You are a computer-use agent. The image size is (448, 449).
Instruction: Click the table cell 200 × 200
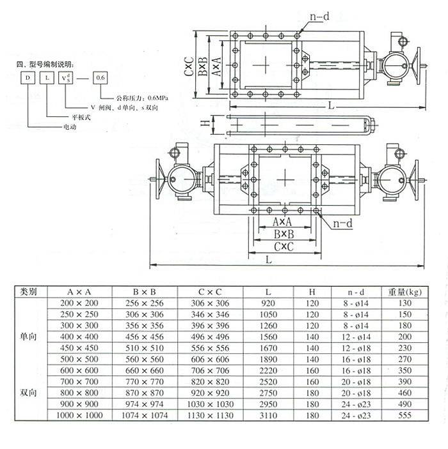point(79,303)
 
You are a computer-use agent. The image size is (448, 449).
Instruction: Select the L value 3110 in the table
point(268,415)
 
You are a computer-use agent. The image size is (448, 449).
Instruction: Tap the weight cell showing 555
point(405,415)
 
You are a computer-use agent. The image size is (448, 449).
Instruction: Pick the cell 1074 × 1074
point(145,415)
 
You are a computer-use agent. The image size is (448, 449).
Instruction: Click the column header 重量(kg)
point(405,292)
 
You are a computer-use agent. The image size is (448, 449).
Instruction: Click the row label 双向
point(29,393)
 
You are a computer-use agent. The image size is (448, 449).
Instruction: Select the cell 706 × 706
point(211,370)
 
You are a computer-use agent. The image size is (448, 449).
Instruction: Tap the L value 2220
point(268,370)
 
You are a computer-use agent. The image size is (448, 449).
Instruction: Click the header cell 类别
point(29,292)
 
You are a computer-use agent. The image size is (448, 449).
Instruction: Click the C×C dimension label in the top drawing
point(189,65)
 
